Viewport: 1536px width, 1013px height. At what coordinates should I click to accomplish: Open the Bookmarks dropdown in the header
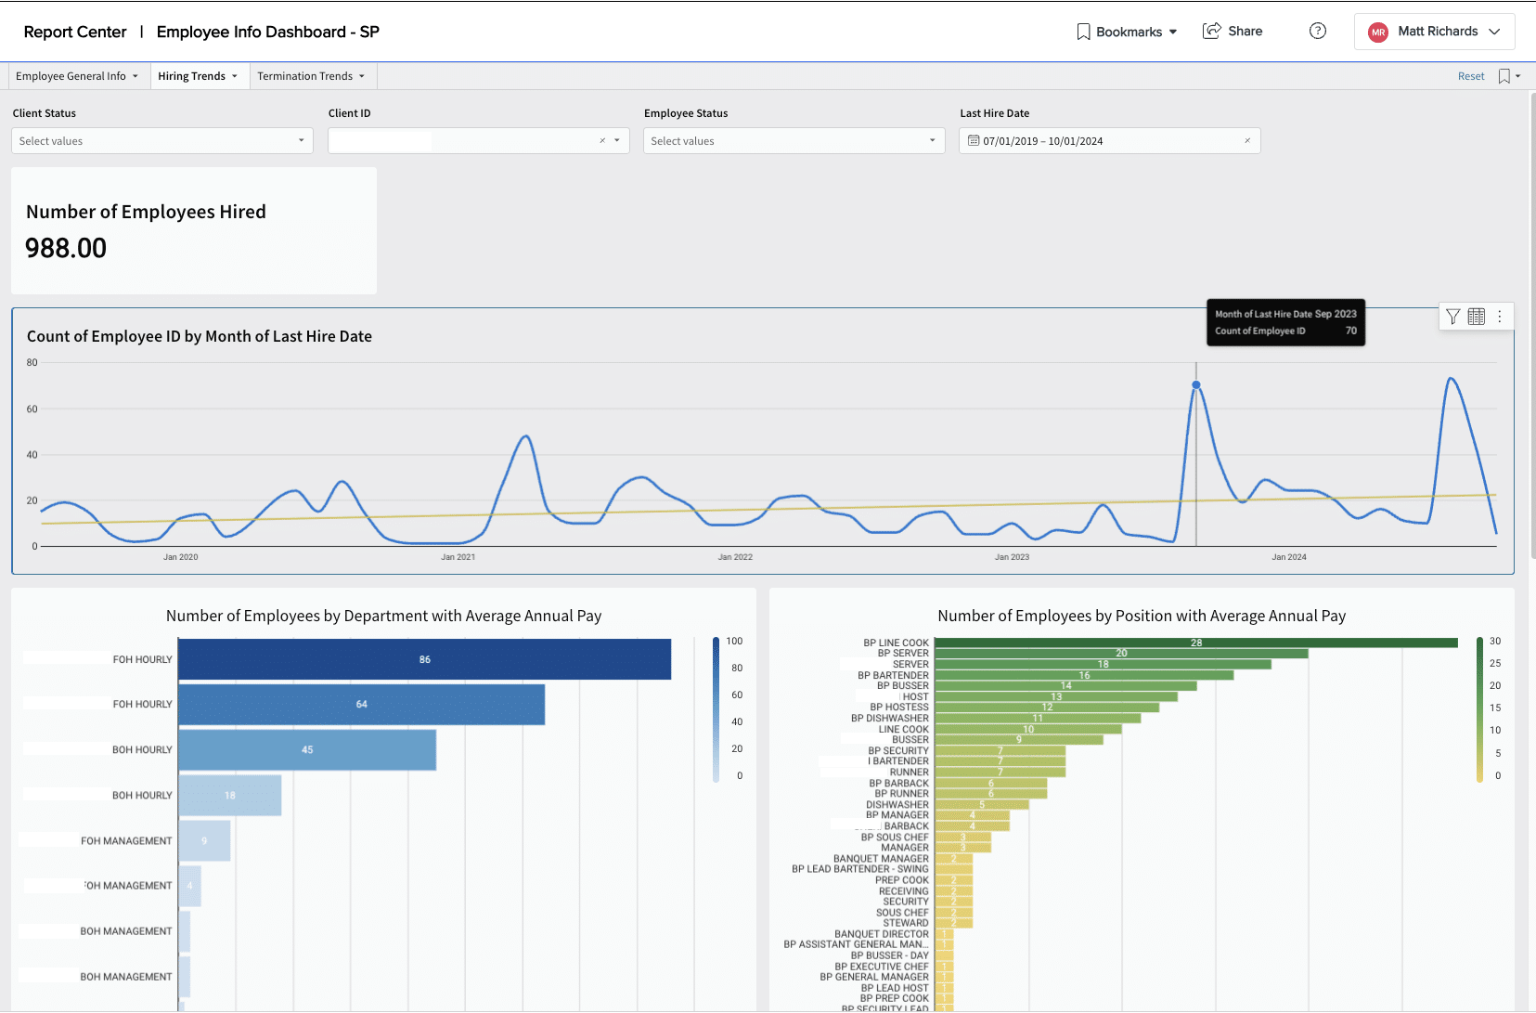click(x=1127, y=32)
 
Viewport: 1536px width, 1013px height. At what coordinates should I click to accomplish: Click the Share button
click(x=1233, y=32)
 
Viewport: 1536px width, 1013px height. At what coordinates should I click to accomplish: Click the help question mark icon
click(x=1317, y=32)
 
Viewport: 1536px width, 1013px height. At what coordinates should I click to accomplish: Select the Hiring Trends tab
click(x=197, y=76)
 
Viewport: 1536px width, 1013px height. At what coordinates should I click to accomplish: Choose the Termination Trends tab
click(x=310, y=76)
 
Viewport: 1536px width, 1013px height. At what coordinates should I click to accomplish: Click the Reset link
click(x=1470, y=76)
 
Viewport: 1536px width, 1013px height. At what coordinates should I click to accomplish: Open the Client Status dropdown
click(x=162, y=141)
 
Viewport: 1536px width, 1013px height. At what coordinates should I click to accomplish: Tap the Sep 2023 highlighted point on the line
click(x=1195, y=384)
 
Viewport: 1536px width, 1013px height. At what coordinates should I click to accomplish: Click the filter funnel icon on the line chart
click(x=1452, y=317)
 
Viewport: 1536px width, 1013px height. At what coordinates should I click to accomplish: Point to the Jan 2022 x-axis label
click(x=735, y=557)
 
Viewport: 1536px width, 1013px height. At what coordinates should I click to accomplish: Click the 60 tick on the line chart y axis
click(x=32, y=409)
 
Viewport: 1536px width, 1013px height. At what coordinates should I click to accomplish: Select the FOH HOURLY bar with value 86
click(x=424, y=659)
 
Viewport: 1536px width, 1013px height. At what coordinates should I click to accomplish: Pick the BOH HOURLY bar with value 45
click(x=306, y=749)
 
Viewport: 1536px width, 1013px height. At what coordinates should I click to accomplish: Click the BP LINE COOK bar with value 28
click(x=1195, y=643)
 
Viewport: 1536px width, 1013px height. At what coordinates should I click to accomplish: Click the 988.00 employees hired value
click(x=66, y=248)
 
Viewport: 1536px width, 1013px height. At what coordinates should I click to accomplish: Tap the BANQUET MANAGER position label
click(x=880, y=859)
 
